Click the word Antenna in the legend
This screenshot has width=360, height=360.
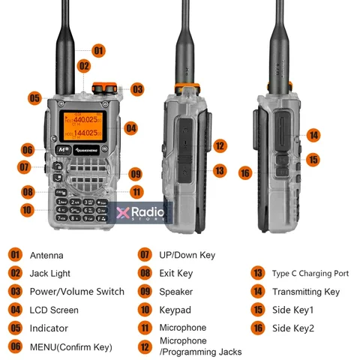[x=46, y=256]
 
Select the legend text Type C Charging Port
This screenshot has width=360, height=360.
[x=310, y=274]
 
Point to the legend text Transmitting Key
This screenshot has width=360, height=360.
[x=305, y=292]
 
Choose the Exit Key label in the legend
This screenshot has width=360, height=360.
[x=175, y=274]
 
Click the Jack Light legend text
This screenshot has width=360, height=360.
[x=49, y=274]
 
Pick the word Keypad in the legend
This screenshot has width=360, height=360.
[x=175, y=310]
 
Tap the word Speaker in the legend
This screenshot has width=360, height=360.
[x=175, y=292]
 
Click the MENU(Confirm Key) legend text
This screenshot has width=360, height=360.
[x=70, y=346]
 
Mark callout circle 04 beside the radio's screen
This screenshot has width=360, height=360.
[x=131, y=128]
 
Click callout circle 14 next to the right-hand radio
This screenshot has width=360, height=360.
[x=313, y=135]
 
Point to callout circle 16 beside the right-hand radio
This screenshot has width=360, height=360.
[x=245, y=172]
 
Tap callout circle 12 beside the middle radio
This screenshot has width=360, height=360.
[x=219, y=145]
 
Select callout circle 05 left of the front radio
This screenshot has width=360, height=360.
[x=34, y=97]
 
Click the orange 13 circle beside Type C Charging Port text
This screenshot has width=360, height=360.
[x=257, y=274]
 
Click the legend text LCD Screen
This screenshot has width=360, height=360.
[x=54, y=310]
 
